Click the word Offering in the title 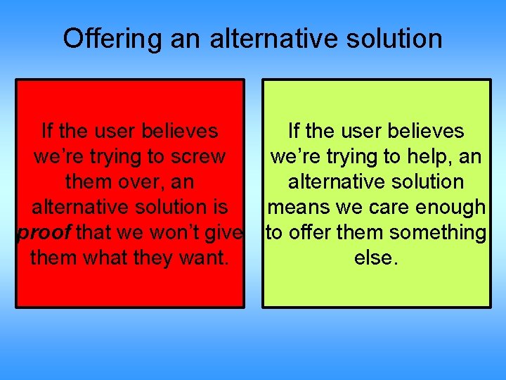[107, 39]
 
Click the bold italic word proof [44, 232]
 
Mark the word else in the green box [375, 258]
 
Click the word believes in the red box [179, 131]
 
